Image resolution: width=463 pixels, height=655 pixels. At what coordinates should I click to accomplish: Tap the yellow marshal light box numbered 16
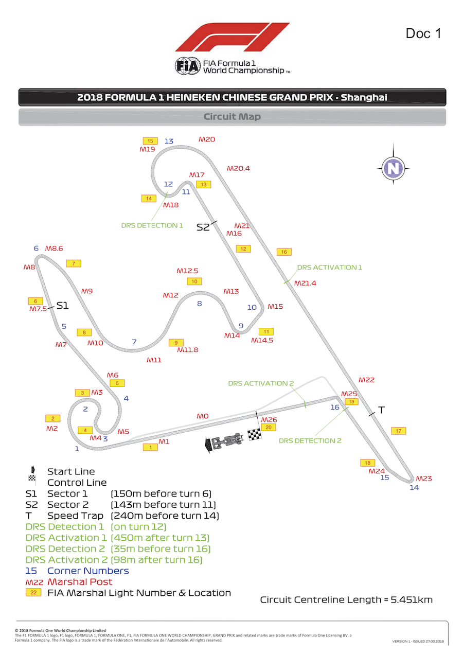click(x=283, y=252)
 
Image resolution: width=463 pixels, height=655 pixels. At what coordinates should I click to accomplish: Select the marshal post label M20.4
click(x=238, y=168)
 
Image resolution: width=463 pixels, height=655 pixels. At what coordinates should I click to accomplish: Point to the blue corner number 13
click(x=169, y=141)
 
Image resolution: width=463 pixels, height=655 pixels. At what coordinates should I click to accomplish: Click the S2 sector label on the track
click(x=204, y=227)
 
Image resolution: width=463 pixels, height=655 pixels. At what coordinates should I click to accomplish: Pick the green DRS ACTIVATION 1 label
click(x=330, y=267)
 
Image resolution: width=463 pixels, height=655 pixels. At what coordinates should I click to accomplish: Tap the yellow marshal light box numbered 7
click(x=74, y=263)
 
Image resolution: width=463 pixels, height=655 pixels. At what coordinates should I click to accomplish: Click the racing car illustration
click(x=224, y=441)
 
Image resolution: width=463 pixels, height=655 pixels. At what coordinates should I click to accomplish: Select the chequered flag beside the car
click(x=255, y=435)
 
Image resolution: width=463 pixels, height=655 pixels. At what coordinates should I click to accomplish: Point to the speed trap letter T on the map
click(x=381, y=410)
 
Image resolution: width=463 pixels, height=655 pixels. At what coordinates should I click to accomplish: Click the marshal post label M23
click(x=424, y=479)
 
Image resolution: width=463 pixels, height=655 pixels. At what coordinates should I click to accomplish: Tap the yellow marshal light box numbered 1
click(x=150, y=448)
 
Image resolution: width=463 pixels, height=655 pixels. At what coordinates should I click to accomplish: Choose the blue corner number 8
click(x=199, y=304)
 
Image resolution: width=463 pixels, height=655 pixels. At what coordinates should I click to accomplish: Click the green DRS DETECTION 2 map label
click(x=310, y=440)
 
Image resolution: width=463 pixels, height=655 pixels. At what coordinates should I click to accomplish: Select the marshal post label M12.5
click(x=187, y=271)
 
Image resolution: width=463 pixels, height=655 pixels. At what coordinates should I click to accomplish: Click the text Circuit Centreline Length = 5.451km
click(x=346, y=599)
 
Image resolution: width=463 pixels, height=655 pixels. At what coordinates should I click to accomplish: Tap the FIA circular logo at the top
click(x=187, y=67)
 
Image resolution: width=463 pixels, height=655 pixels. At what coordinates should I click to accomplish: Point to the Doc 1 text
click(x=423, y=33)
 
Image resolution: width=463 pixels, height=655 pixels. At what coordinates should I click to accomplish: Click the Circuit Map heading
click(x=232, y=117)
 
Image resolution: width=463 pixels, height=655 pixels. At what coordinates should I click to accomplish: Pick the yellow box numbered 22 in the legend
click(x=33, y=593)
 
